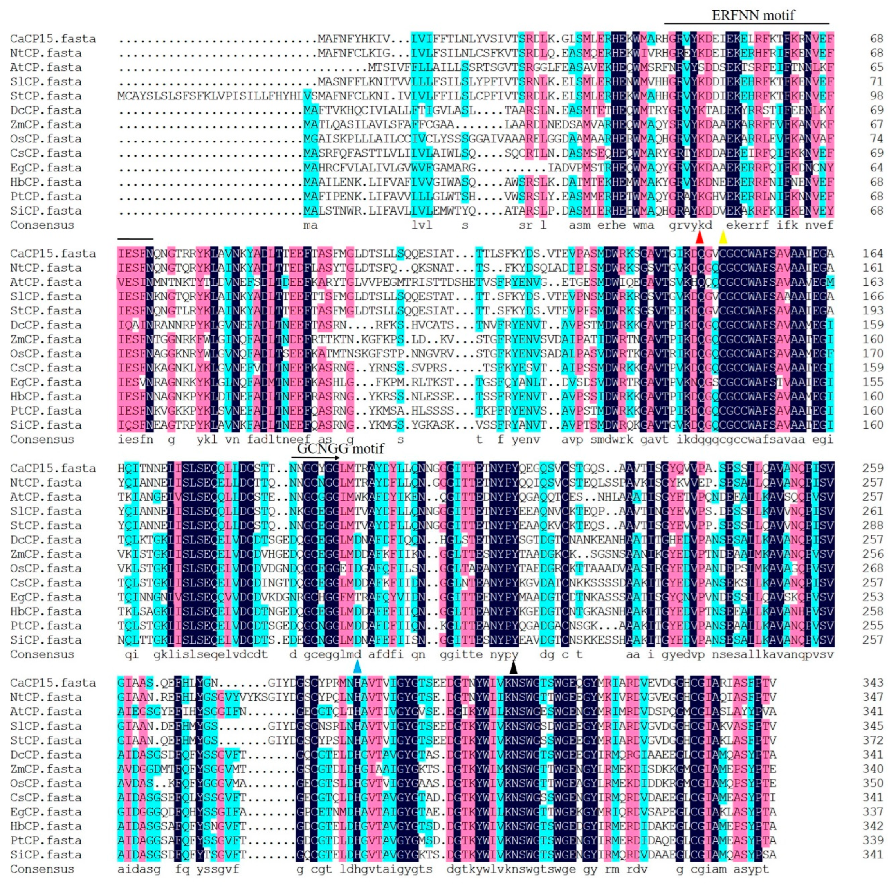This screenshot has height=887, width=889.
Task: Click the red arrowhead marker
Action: (700, 237)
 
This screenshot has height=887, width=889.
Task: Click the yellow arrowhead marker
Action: (723, 237)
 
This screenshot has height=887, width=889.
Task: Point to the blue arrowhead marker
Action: (357, 667)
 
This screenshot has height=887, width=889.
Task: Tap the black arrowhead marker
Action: (514, 667)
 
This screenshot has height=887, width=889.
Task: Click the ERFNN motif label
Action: (753, 15)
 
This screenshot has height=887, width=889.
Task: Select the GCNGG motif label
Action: (340, 448)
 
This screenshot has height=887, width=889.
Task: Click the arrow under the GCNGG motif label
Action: (316, 458)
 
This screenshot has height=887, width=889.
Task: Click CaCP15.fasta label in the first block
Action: (53, 39)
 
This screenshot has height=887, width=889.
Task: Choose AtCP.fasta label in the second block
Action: (45, 282)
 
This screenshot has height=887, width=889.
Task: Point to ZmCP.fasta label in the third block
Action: (45, 554)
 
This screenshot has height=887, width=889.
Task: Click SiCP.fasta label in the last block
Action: (45, 855)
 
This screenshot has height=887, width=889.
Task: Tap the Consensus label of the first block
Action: (42, 225)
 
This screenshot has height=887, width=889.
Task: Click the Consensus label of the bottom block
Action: (42, 869)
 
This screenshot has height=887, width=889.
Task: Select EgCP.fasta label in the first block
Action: (45, 168)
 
